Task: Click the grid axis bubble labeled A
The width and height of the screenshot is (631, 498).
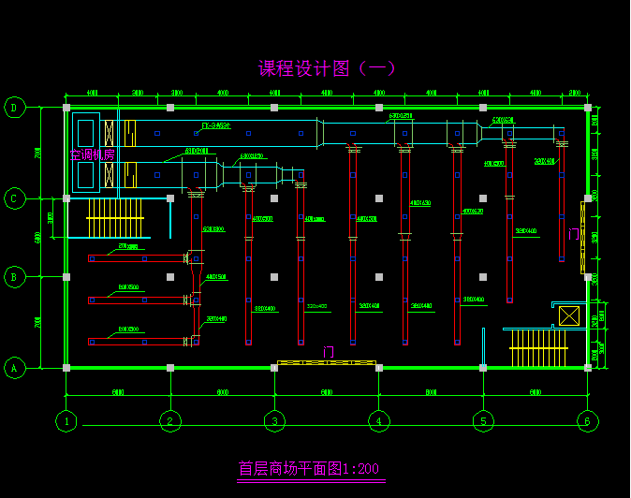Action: point(14,368)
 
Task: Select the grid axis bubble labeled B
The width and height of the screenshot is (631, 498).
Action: point(14,277)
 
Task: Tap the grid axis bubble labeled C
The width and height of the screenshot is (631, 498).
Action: point(14,198)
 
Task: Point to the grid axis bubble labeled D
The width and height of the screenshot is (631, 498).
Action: point(14,108)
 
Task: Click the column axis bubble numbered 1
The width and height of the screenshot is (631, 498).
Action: point(66,421)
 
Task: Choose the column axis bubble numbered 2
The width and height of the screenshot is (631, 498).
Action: point(169,421)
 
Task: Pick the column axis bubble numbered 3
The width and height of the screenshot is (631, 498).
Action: point(274,421)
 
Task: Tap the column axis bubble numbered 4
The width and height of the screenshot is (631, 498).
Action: point(378,421)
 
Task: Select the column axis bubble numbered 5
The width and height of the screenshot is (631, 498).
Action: point(483,421)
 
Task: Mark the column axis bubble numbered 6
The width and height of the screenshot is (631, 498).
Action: point(587,421)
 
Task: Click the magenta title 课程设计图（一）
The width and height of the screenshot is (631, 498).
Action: point(327,68)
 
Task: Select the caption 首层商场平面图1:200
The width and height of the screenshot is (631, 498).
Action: point(309,468)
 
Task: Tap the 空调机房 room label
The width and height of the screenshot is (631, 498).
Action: point(92,154)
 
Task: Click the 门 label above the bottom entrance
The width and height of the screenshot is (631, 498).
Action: point(328,352)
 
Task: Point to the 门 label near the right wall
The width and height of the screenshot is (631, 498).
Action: point(573,233)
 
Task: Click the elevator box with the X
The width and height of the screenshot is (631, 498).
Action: point(569,315)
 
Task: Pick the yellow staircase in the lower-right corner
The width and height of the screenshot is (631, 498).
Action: point(539,348)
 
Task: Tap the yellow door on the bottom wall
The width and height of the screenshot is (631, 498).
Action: point(327,362)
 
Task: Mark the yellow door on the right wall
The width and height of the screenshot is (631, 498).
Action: point(582,239)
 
